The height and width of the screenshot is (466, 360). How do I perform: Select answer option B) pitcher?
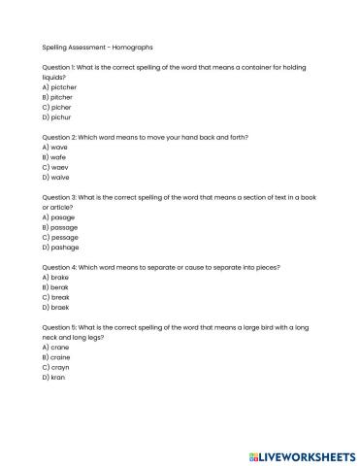[58, 97]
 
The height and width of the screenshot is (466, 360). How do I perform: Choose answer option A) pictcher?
[60, 86]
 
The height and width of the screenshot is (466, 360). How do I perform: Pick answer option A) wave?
[54, 147]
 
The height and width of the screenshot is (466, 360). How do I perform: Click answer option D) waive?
[55, 178]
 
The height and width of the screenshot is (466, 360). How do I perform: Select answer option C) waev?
[54, 167]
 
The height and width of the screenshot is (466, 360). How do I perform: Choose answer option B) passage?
[60, 227]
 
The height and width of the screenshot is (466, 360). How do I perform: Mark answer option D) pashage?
[61, 248]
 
